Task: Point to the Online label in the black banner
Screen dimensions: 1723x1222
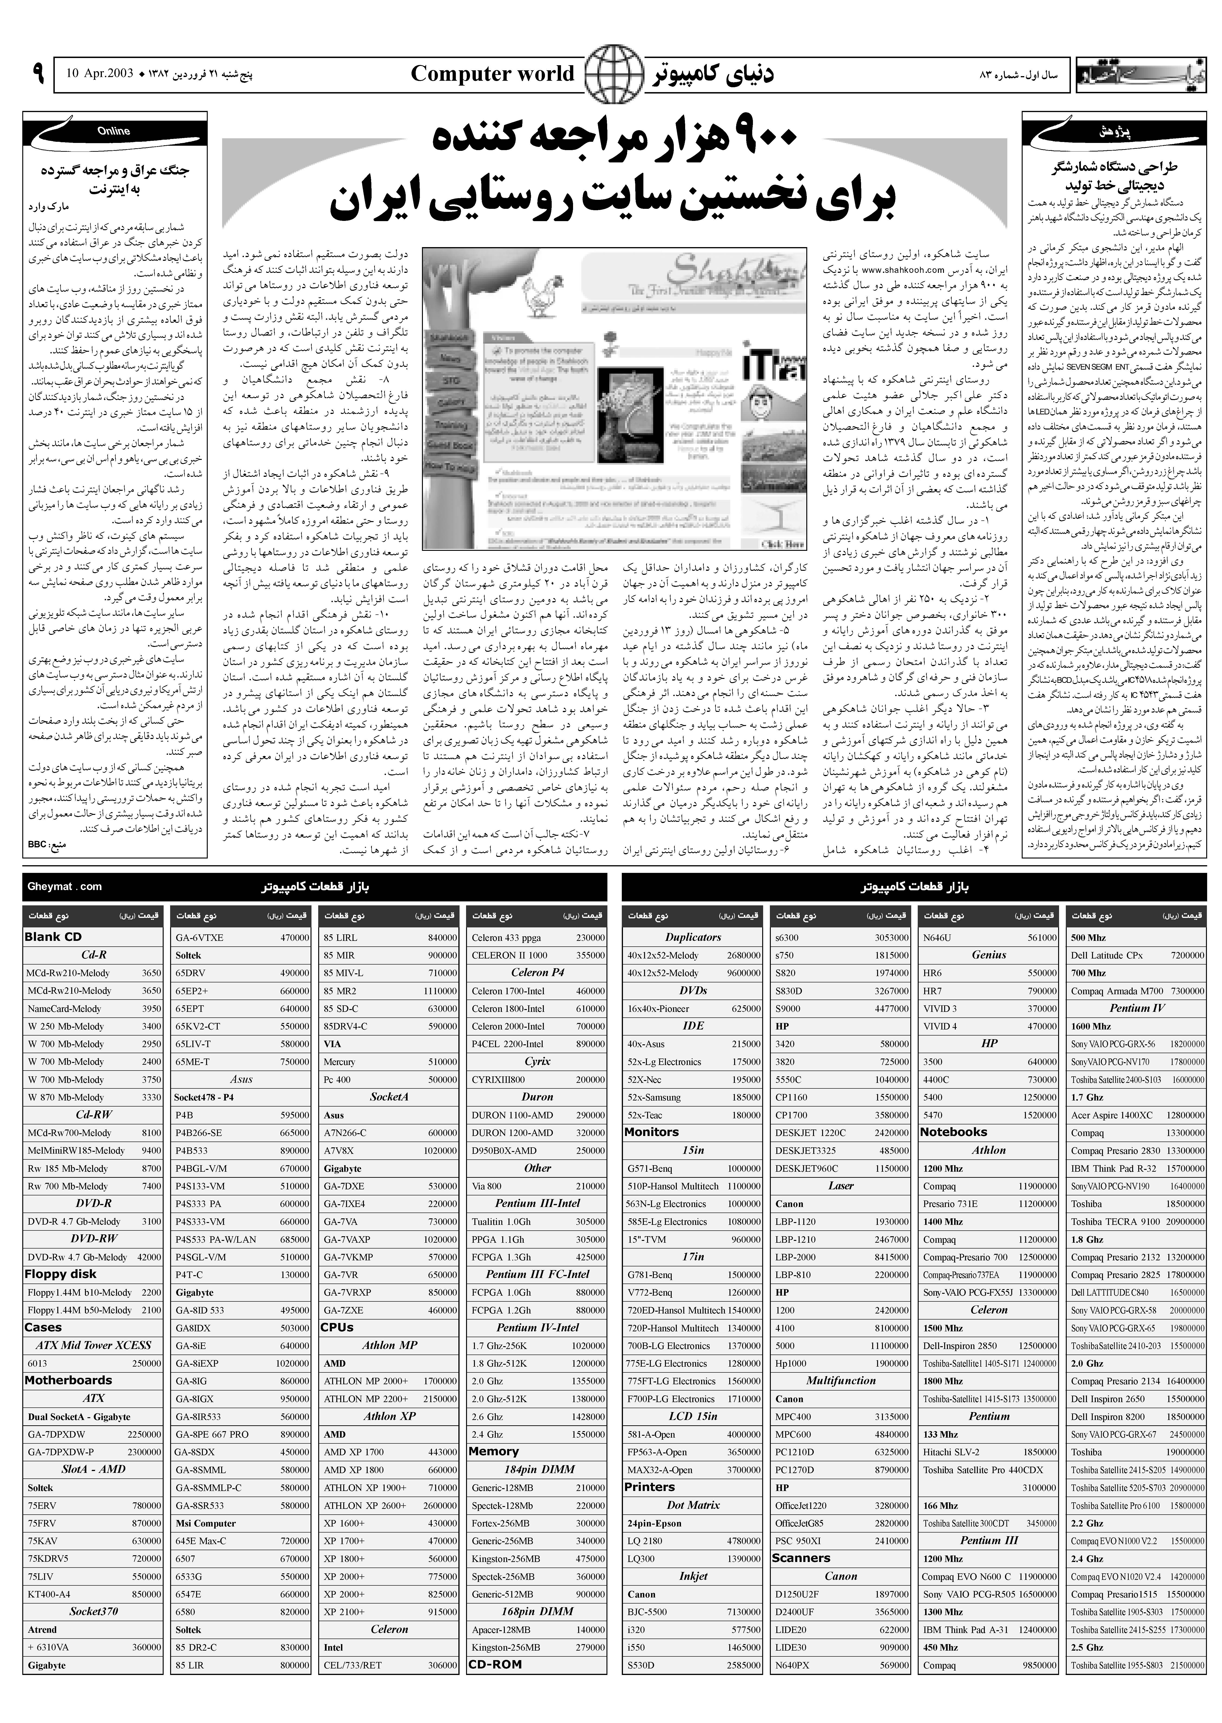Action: tap(114, 131)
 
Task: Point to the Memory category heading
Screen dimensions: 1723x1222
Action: tap(494, 1452)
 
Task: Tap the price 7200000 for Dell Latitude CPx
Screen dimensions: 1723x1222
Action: tap(1187, 955)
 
